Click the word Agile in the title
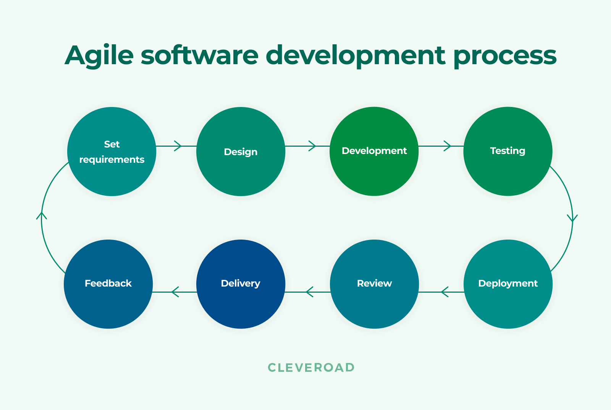[x=99, y=56]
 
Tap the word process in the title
[x=505, y=56]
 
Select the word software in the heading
[x=199, y=56]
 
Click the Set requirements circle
[x=112, y=152]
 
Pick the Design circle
[x=241, y=152]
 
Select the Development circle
[x=374, y=151]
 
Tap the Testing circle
[x=508, y=151]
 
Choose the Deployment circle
[x=508, y=284]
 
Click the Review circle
[x=374, y=284]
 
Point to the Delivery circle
[x=241, y=284]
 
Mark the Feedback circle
[x=108, y=284]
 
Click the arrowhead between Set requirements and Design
[x=178, y=146]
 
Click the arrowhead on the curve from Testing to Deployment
[x=572, y=218]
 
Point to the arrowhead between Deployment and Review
[x=444, y=292]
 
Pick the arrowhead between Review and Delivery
[x=309, y=292]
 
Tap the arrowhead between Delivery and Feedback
[x=175, y=292]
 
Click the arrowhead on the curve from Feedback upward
[x=42, y=216]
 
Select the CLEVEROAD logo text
[x=311, y=368]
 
